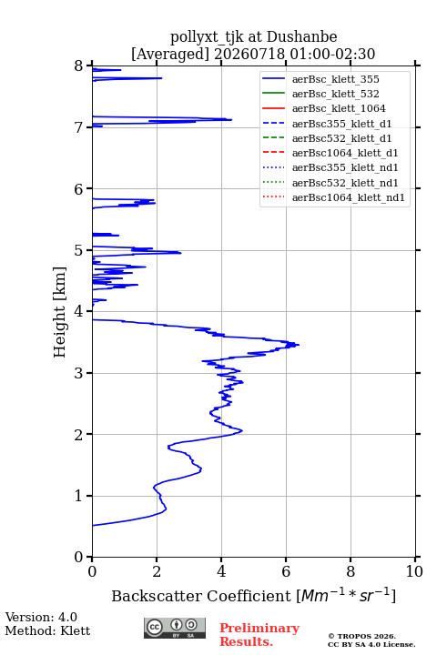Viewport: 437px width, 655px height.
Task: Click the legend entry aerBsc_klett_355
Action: [335, 79]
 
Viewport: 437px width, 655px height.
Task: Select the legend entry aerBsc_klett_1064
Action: [339, 108]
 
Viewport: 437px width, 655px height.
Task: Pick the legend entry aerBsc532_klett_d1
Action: [341, 138]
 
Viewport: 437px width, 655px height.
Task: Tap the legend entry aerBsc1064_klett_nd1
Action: [349, 197]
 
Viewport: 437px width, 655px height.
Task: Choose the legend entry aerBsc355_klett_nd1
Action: [345, 167]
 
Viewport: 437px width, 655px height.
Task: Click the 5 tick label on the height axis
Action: [79, 250]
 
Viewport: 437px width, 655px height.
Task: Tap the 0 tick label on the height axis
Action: [79, 557]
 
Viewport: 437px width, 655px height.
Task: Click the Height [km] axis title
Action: [59, 312]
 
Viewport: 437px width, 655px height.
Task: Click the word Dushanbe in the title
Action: [302, 37]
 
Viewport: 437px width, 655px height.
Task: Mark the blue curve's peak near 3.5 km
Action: [299, 345]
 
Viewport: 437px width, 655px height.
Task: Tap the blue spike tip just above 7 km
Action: [231, 120]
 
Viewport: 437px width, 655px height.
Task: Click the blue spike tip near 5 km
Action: [180, 253]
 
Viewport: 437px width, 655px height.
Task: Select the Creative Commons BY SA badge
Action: [175, 628]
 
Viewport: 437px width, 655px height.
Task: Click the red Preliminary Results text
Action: [259, 635]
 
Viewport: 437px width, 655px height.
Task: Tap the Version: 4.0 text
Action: [41, 617]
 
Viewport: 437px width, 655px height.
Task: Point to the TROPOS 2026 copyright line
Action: [361, 636]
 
